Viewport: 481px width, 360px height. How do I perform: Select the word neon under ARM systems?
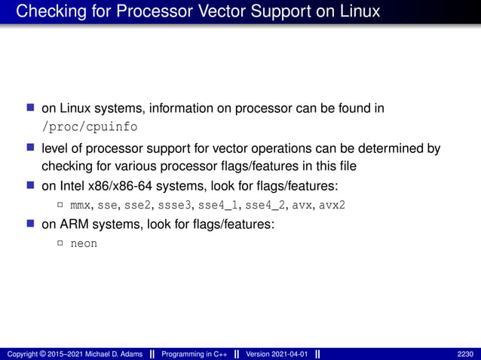tap(84, 244)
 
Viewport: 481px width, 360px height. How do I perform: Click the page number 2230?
tap(466, 354)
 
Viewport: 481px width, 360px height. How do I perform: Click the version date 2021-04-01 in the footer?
tap(287, 354)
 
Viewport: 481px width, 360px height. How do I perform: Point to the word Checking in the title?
tap(47, 11)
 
